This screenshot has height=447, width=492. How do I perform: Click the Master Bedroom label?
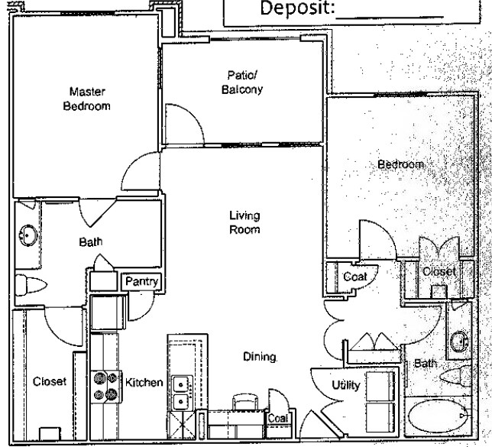point(85,99)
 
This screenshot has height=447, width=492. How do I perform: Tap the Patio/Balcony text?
point(245,83)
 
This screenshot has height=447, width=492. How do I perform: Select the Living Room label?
point(245,222)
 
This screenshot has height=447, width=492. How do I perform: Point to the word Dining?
point(260,357)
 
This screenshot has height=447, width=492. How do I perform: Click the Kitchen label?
point(144,381)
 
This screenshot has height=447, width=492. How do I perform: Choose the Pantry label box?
point(141,282)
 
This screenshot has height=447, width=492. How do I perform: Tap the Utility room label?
point(345,386)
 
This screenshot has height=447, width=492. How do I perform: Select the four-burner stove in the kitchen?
point(105,386)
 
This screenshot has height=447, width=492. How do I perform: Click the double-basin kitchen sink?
point(181,393)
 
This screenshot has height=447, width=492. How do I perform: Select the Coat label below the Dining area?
point(277,419)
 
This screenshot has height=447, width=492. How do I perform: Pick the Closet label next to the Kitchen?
point(50,381)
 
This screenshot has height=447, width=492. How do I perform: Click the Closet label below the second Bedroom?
point(439,271)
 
